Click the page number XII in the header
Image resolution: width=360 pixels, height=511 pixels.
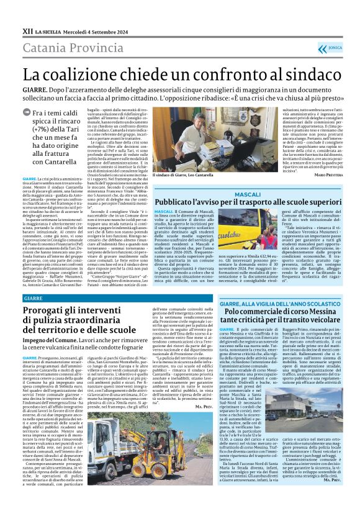tap(27, 30)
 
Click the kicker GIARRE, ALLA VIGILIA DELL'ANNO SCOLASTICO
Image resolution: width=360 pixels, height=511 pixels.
tap(273, 301)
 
